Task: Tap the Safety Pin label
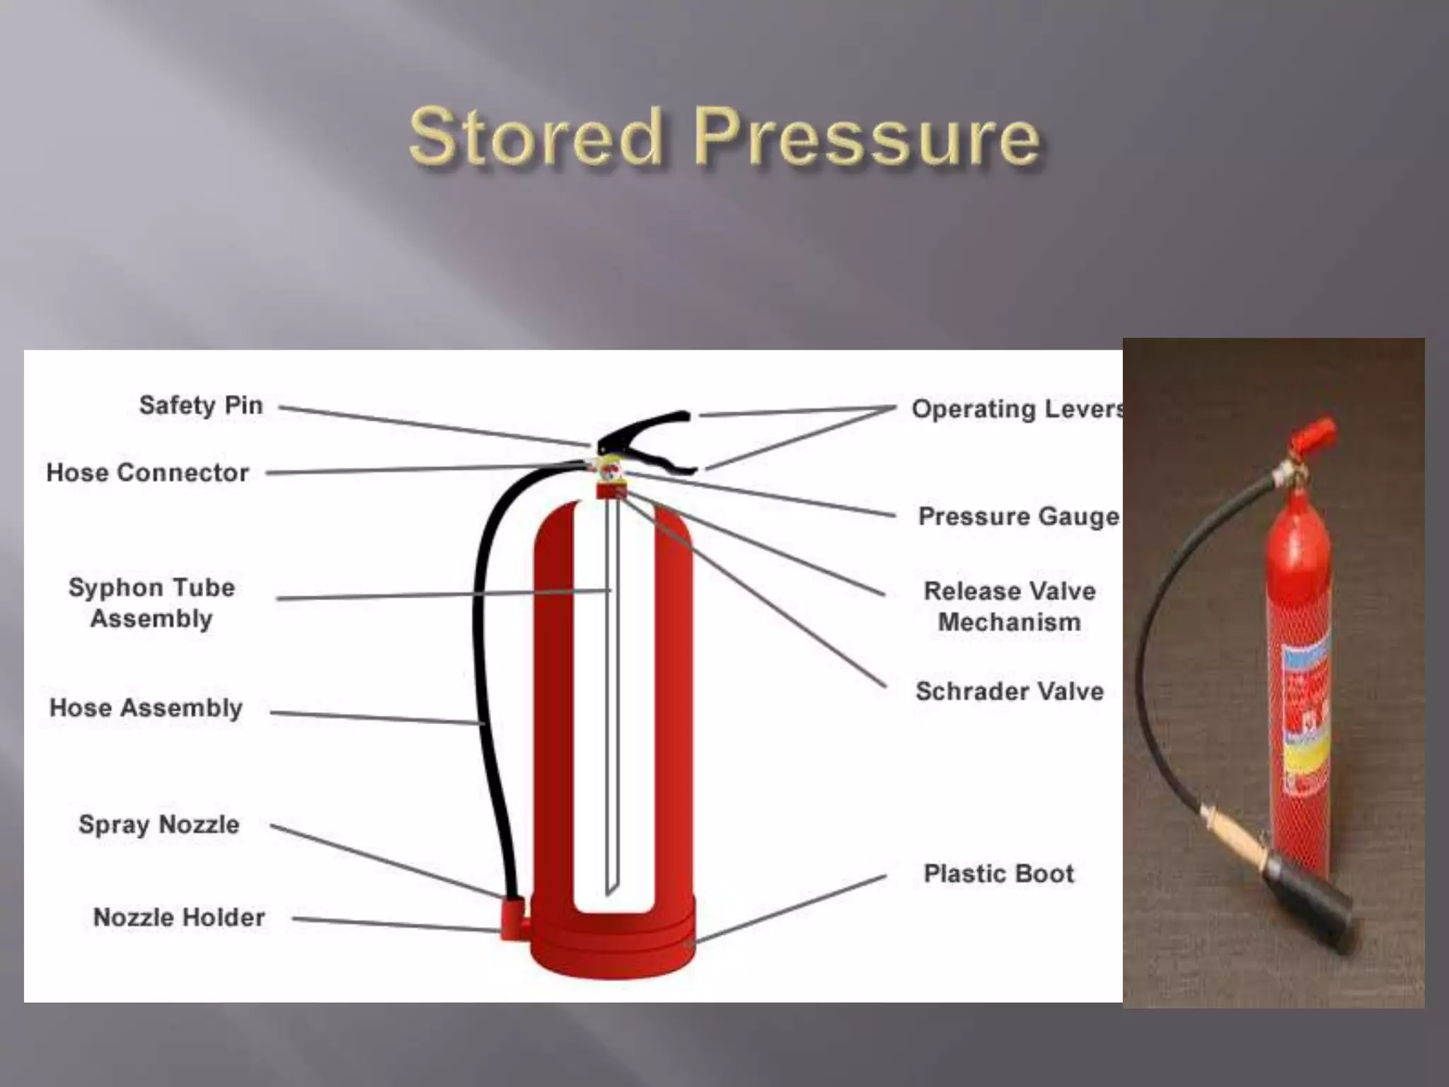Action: pyautogui.click(x=201, y=406)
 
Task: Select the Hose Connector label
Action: pyautogui.click(x=147, y=473)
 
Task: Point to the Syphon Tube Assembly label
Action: pyautogui.click(x=151, y=603)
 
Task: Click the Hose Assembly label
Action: pyautogui.click(x=146, y=708)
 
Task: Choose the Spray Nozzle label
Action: pyautogui.click(x=158, y=824)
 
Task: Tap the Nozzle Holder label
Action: pyautogui.click(x=179, y=918)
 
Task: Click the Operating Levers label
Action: pyautogui.click(x=1016, y=409)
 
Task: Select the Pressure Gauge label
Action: pyautogui.click(x=1018, y=517)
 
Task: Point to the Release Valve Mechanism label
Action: pyautogui.click(x=1010, y=606)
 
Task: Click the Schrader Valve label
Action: pyautogui.click(x=1010, y=691)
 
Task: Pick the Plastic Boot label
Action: pyautogui.click(x=999, y=874)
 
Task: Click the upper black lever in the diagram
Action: pyautogui.click(x=644, y=425)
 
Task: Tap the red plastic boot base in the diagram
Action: pyautogui.click(x=613, y=941)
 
